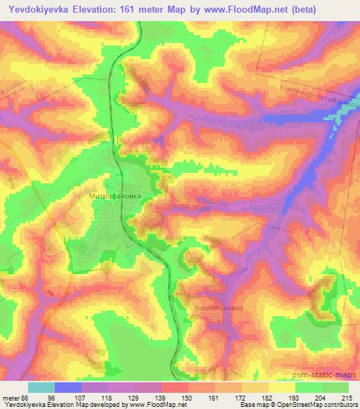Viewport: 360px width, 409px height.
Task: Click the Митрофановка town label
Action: click(x=115, y=188)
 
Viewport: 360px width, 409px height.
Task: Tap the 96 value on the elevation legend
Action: click(x=52, y=397)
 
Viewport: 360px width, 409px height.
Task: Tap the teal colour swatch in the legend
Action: click(x=41, y=387)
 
